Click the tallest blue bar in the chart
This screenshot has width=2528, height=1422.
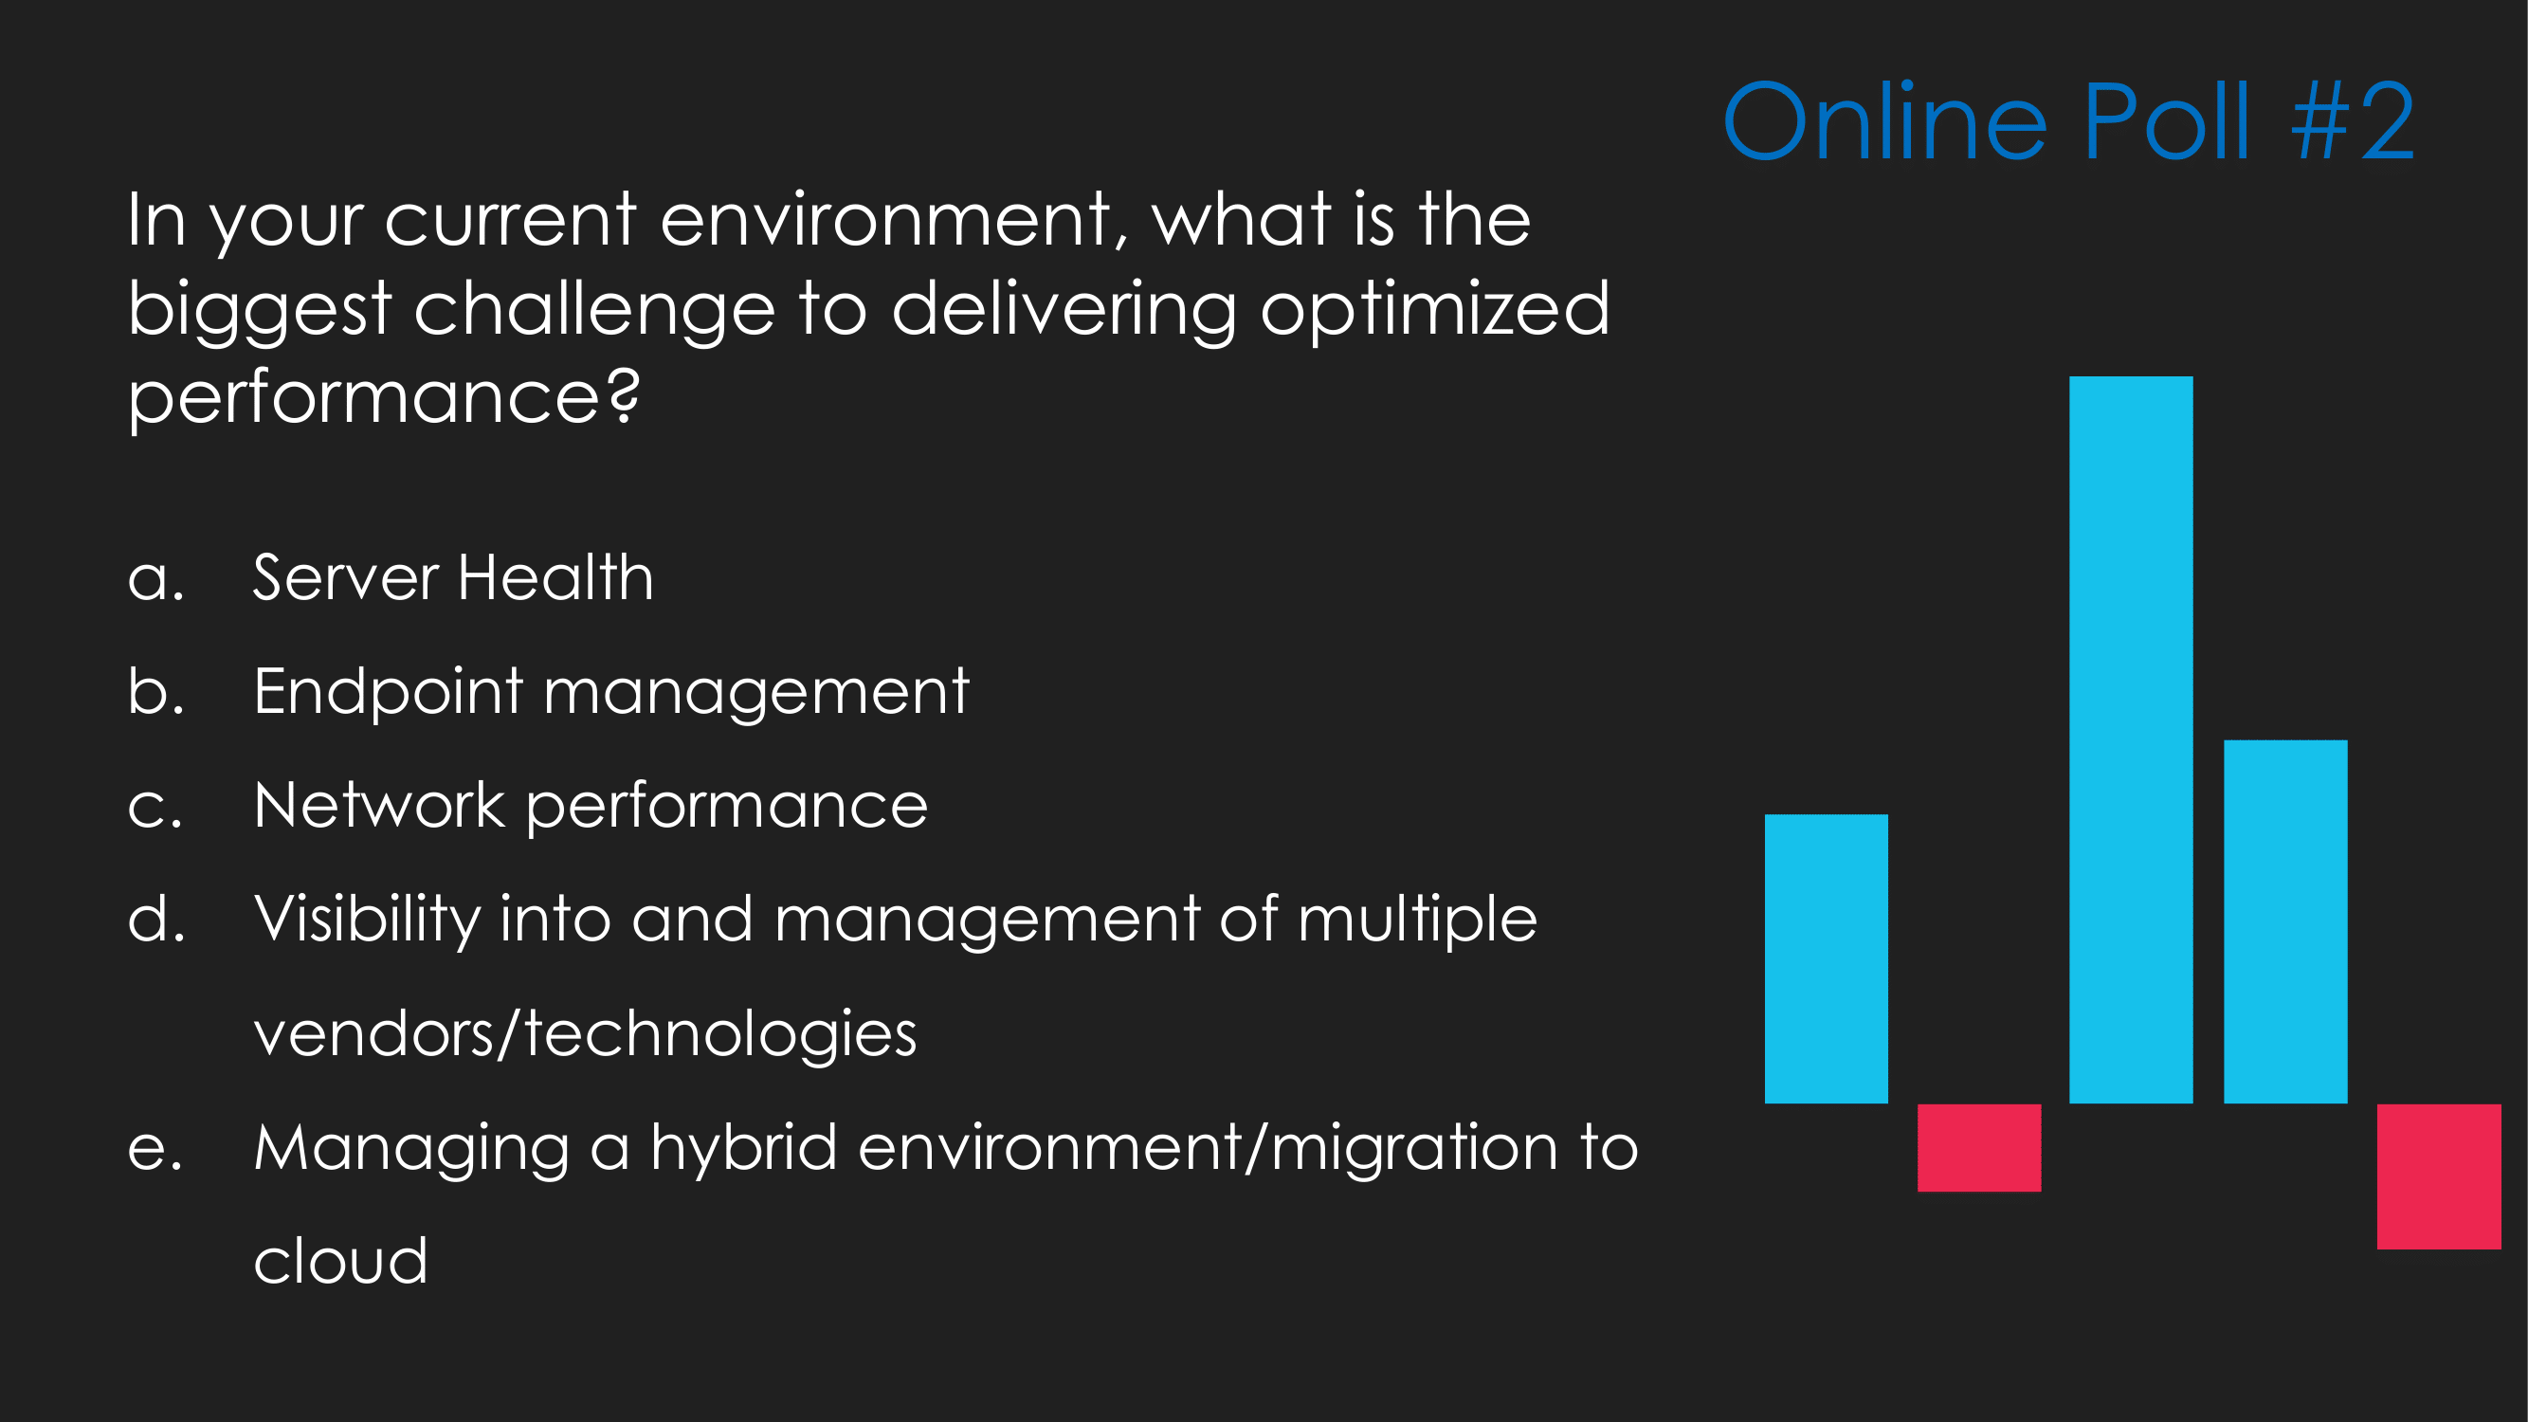click(x=2131, y=739)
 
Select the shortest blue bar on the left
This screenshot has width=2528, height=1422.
click(x=1826, y=957)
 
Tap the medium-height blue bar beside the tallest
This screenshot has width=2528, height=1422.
click(x=2284, y=921)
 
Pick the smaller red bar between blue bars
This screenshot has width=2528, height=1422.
click(x=1978, y=1147)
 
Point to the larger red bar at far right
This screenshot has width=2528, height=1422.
click(x=2438, y=1176)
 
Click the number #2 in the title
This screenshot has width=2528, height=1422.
click(x=2353, y=120)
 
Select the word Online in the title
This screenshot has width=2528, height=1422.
click(x=1885, y=119)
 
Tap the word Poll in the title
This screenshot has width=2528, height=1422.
click(x=2166, y=119)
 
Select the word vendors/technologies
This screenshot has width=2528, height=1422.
click(x=585, y=1033)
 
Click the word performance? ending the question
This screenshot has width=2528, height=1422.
click(x=384, y=396)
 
